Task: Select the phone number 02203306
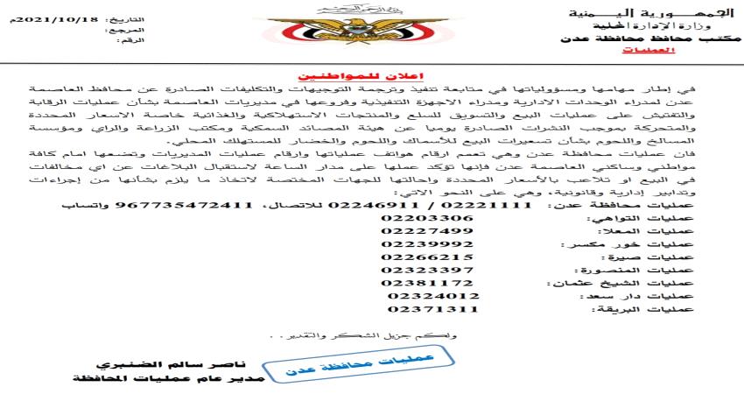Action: (430, 217)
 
